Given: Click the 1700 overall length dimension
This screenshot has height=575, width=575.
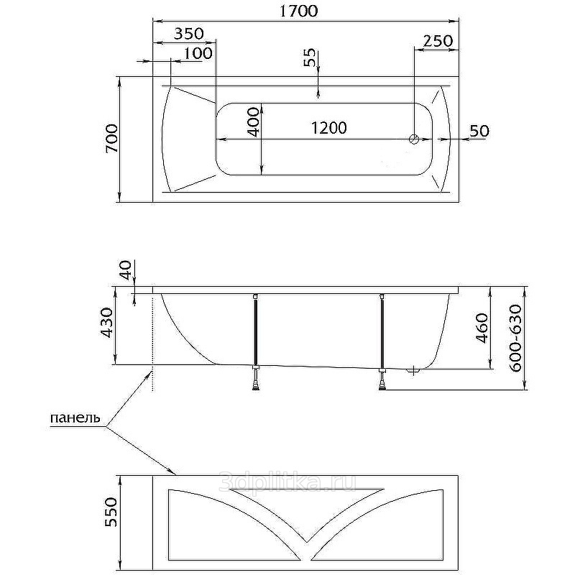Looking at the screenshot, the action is click(298, 11).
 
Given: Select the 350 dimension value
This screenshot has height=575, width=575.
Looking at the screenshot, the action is click(188, 34).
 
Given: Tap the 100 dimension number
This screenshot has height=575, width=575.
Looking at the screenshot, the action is click(198, 53).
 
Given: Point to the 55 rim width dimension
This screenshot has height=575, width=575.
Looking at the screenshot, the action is click(310, 57).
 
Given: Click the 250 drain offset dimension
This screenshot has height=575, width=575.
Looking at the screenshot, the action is click(438, 41).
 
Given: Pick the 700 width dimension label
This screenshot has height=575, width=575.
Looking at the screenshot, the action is click(112, 138).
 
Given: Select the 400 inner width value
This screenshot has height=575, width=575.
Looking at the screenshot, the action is click(254, 121).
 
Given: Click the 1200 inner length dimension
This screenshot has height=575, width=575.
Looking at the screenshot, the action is click(328, 128).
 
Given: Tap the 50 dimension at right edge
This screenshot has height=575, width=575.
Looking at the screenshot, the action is click(479, 131).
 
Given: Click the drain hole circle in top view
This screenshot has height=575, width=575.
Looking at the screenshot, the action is click(414, 139).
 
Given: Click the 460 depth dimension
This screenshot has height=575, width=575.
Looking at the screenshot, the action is click(482, 328).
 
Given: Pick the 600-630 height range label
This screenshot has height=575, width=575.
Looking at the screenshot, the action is click(515, 338).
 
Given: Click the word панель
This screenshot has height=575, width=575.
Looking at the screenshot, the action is click(75, 418).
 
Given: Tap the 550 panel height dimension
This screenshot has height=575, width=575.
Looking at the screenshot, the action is click(111, 512).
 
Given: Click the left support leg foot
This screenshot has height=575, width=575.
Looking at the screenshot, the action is click(257, 387).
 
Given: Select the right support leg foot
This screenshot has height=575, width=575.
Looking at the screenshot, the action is click(382, 387).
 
